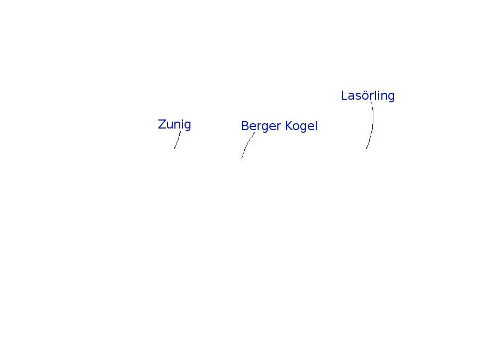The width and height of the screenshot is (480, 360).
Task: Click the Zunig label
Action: pyautogui.click(x=174, y=124)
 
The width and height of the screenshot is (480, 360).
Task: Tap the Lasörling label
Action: pyautogui.click(x=367, y=95)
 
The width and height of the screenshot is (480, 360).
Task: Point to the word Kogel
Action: pyautogui.click(x=301, y=126)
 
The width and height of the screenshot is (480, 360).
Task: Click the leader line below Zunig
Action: pyautogui.click(x=178, y=140)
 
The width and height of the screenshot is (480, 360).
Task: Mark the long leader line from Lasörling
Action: pyautogui.click(x=372, y=125)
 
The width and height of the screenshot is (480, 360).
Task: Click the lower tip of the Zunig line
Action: pyautogui.click(x=174, y=148)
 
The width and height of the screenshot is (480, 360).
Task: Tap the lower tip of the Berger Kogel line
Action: pyautogui.click(x=242, y=158)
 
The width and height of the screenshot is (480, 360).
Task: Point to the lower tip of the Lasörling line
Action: pyautogui.click(x=366, y=149)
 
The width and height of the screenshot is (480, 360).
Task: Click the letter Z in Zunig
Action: pyautogui.click(x=162, y=124)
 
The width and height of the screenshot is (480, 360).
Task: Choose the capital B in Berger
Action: pyautogui.click(x=245, y=126)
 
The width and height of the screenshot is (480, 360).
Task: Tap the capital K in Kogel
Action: pyautogui.click(x=289, y=126)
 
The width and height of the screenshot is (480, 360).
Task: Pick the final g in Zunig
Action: pyautogui.click(x=187, y=125)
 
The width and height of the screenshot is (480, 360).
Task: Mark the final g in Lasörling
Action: pyautogui.click(x=391, y=97)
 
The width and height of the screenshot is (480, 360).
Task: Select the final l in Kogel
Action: pyautogui.click(x=316, y=126)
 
